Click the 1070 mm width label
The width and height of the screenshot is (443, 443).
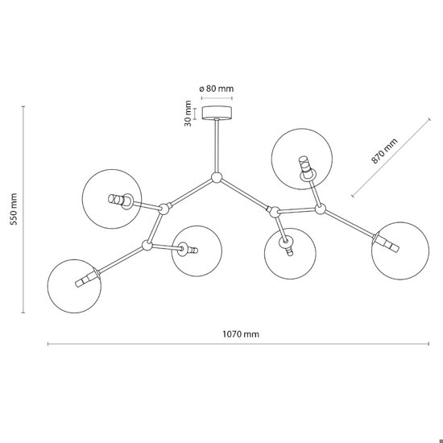[241, 334]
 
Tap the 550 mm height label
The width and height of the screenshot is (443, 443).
[14, 209]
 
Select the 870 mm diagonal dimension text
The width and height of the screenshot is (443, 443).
[384, 151]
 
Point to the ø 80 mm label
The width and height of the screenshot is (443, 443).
[217, 89]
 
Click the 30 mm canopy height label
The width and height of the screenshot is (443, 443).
[188, 114]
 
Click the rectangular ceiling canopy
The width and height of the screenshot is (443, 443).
[217, 113]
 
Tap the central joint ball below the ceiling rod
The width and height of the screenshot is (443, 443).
[217, 178]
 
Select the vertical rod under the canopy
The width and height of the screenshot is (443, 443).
[217, 146]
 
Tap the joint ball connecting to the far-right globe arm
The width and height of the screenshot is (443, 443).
[320, 209]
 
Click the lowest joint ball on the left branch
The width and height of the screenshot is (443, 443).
[147, 245]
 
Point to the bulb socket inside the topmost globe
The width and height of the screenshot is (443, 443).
[306, 168]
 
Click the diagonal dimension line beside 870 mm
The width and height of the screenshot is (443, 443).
[391, 158]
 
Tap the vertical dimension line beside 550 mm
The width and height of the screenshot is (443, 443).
[23, 209]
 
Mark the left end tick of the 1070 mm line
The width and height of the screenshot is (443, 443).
[48, 344]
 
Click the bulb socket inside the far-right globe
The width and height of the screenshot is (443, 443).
[386, 242]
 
